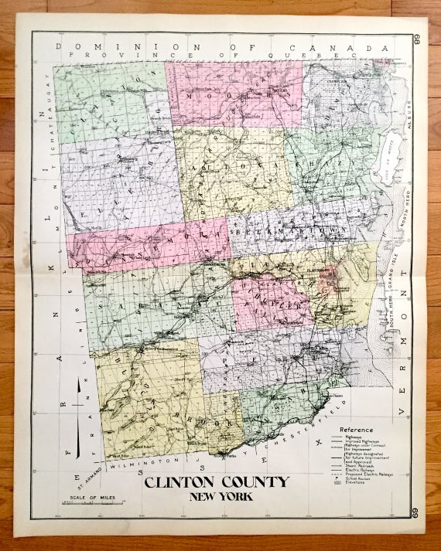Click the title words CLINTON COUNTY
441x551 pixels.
pyautogui.click(x=216, y=483)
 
